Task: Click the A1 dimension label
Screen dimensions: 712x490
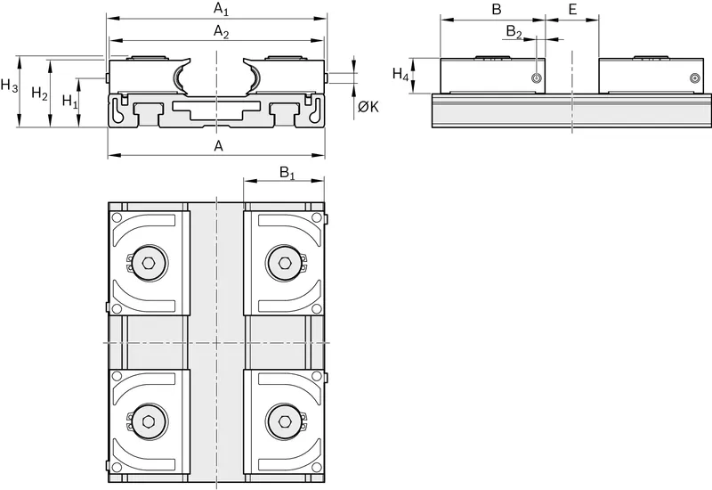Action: pos(221,9)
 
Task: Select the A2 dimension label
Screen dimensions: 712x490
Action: pos(221,32)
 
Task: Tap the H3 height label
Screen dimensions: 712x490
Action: pos(9,85)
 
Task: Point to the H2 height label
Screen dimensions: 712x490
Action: pos(39,94)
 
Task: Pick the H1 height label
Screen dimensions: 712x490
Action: pos(70,101)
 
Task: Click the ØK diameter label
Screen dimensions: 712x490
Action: pos(368,107)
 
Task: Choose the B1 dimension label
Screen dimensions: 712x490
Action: pos(287,173)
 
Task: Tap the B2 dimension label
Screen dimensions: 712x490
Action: pos(514,31)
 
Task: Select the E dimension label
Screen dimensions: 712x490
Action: pos(572,9)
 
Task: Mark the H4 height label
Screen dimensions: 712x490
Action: pos(400,74)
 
